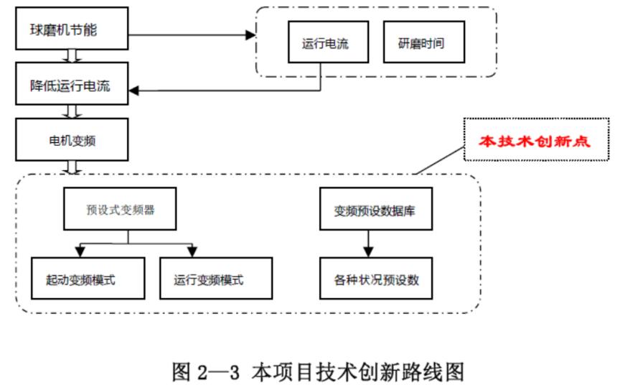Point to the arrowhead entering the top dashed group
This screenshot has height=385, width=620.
(251, 34)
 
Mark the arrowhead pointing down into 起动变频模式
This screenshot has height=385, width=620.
(81, 252)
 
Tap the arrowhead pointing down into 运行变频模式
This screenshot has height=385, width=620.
(192, 252)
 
